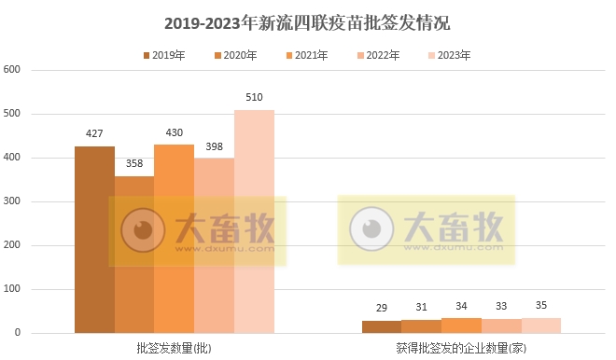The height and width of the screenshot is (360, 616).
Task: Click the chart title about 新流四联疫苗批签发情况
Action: click(x=307, y=22)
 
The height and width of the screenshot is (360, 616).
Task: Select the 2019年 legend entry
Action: click(x=163, y=56)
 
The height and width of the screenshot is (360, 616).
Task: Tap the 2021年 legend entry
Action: click(x=305, y=56)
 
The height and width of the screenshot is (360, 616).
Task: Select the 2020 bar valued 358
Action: click(x=133, y=255)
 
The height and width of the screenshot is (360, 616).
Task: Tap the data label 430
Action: click(x=174, y=133)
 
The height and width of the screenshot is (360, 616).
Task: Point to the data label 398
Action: click(x=214, y=147)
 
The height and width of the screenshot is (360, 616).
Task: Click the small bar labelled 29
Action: click(x=381, y=327)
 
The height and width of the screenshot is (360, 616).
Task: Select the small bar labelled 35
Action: click(x=541, y=325)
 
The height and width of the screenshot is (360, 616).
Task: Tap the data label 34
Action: click(x=461, y=307)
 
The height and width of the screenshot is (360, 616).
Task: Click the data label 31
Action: click(x=421, y=308)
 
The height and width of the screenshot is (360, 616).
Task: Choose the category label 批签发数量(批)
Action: click(x=174, y=348)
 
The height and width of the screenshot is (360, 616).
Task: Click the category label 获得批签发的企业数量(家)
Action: click(x=461, y=348)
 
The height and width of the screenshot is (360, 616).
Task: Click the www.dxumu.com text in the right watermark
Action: click(x=454, y=249)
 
